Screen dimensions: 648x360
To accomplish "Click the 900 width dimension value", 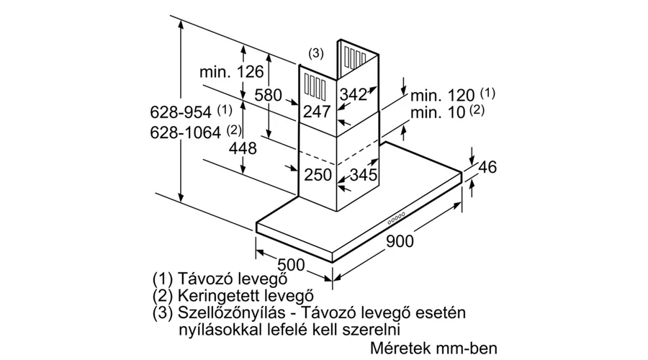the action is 400,240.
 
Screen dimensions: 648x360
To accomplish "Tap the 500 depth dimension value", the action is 291,265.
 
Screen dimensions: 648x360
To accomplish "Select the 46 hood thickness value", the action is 487,167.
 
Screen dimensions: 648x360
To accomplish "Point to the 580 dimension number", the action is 268,95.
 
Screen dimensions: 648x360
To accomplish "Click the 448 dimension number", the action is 243,148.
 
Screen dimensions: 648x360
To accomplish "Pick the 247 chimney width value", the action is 317,112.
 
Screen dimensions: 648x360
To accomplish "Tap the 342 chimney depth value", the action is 354,94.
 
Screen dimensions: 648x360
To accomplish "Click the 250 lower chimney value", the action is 318,174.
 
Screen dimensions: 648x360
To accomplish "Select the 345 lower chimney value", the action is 364,174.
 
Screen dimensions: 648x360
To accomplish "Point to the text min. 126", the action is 231,72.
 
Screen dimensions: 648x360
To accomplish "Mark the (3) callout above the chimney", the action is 316,53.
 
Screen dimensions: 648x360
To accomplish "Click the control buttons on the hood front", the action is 396,218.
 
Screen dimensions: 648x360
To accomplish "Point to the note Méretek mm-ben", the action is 433,348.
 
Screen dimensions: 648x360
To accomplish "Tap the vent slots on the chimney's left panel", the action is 315,87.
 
